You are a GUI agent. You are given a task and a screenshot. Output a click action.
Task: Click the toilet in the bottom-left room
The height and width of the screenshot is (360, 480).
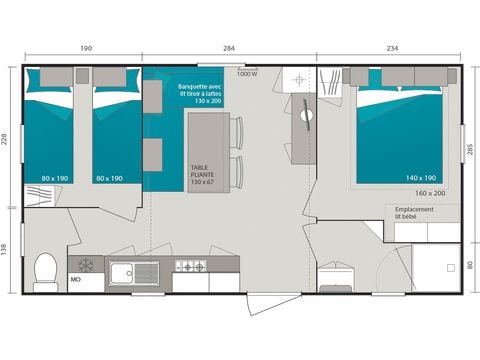click(44, 270)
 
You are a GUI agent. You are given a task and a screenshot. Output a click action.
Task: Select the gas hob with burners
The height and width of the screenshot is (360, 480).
click(190, 266)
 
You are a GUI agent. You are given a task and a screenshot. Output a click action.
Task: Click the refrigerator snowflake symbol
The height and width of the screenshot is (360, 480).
click(85, 266)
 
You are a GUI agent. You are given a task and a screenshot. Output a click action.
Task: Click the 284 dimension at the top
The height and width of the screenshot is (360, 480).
click(230, 47)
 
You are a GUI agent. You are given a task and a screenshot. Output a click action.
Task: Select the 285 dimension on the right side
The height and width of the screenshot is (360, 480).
click(469, 150)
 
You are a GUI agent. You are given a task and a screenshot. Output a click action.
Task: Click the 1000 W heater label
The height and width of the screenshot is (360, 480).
click(247, 73)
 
